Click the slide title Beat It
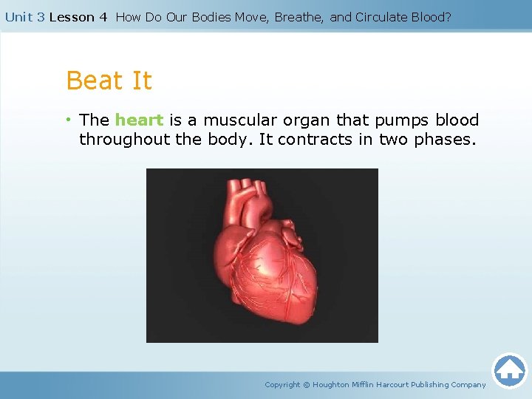(109, 81)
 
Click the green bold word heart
(139, 120)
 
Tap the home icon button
(509, 370)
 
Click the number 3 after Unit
(41, 17)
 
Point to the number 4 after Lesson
(103, 17)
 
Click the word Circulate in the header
(386, 17)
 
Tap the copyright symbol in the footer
(307, 384)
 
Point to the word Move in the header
(253, 17)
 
